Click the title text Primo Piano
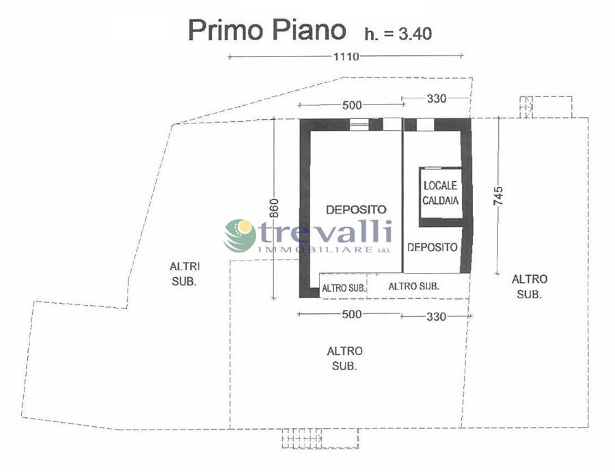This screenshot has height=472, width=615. tap(266, 31)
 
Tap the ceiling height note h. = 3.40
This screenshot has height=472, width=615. tap(398, 34)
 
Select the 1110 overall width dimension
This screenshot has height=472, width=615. tap(346, 57)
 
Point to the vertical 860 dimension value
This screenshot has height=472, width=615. tap(274, 208)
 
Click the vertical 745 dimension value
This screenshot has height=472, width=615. tap(498, 196)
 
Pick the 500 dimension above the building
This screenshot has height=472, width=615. tap(352, 105)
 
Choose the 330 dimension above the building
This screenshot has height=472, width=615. tap(437, 99)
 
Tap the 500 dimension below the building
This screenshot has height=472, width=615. tap(352, 314)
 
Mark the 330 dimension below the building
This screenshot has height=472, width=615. tap(436, 316)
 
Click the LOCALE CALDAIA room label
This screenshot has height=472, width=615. tap(441, 193)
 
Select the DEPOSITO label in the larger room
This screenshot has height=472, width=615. tap(356, 210)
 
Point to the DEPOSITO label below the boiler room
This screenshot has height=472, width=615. tap(433, 247)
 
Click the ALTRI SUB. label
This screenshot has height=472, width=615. tap(184, 274)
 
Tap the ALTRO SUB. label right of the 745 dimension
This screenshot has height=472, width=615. tap(529, 287)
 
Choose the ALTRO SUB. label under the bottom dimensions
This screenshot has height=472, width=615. tap(345, 358)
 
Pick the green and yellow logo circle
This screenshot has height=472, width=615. tap(240, 235)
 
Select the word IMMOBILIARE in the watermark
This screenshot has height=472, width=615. tap(315, 250)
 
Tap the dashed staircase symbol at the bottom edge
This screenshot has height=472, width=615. tap(320, 438)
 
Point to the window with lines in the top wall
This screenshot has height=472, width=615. tap(359, 124)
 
